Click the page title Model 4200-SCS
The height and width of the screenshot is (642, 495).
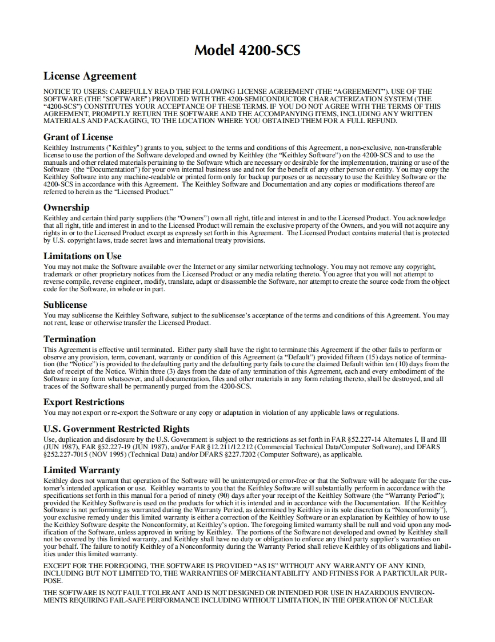click(247, 50)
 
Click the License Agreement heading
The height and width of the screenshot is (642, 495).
click(90, 76)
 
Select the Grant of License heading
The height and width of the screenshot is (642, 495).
click(78, 137)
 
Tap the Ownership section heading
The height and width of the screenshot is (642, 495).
click(66, 208)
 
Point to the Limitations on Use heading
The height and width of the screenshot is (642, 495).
click(82, 256)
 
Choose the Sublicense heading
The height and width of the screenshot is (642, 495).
click(65, 305)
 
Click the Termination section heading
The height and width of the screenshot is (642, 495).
click(70, 339)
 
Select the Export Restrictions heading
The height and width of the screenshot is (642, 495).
click(83, 402)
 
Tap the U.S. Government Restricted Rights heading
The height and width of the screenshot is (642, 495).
click(117, 429)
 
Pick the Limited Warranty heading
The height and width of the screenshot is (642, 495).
click(82, 470)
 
